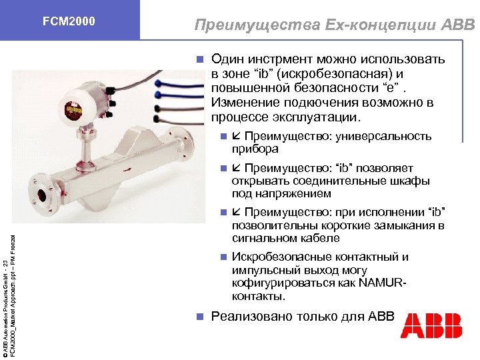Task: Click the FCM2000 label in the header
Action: (69, 22)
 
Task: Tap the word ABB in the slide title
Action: (457, 25)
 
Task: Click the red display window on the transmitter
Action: (70, 109)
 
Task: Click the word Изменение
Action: (242, 103)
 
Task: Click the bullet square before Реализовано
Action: (199, 317)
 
